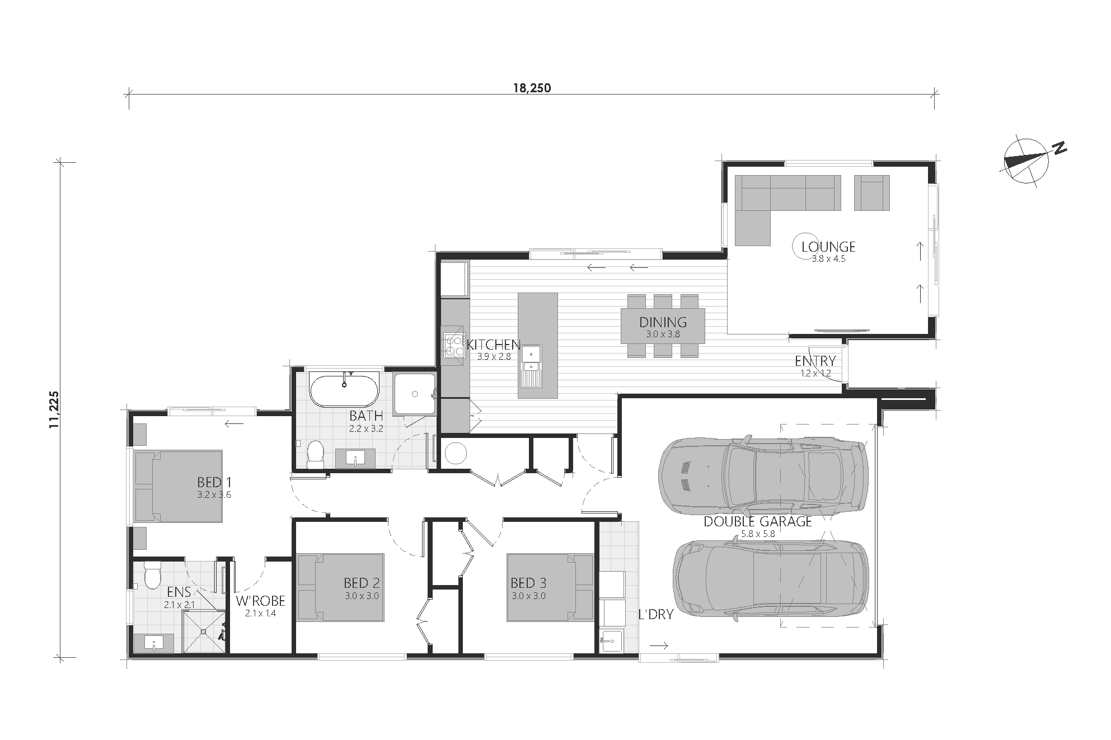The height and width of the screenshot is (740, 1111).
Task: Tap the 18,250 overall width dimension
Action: click(532, 88)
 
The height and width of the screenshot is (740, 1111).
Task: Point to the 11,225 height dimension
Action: click(54, 410)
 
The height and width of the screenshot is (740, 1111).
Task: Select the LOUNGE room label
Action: click(828, 247)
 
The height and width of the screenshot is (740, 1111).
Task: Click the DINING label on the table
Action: click(663, 322)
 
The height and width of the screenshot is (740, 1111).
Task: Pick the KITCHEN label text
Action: click(494, 344)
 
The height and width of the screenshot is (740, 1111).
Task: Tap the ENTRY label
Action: click(815, 361)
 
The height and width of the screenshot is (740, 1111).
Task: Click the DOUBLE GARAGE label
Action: click(757, 521)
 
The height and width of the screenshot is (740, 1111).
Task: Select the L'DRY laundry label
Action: click(656, 614)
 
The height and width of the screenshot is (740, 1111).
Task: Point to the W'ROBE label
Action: click(260, 601)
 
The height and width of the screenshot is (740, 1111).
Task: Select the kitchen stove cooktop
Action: click(455, 345)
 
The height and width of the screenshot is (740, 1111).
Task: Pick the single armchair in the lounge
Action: click(871, 192)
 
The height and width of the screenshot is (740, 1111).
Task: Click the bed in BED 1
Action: click(179, 487)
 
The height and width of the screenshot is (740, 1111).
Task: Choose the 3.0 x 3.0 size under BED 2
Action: click(362, 596)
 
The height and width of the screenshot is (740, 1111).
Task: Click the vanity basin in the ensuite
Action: click(153, 644)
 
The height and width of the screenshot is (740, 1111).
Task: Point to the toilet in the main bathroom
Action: click(316, 454)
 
